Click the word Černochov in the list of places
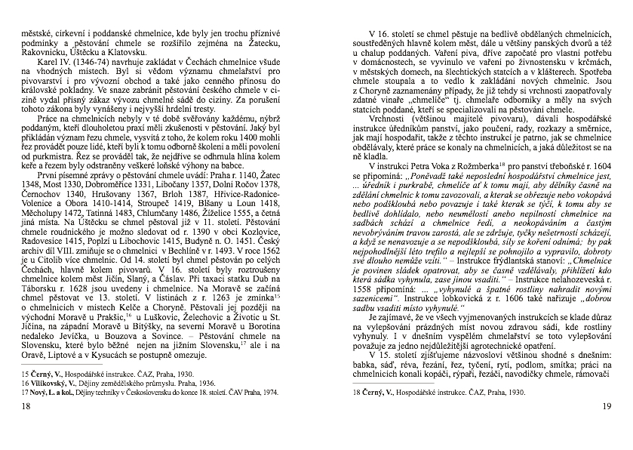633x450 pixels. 48,183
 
